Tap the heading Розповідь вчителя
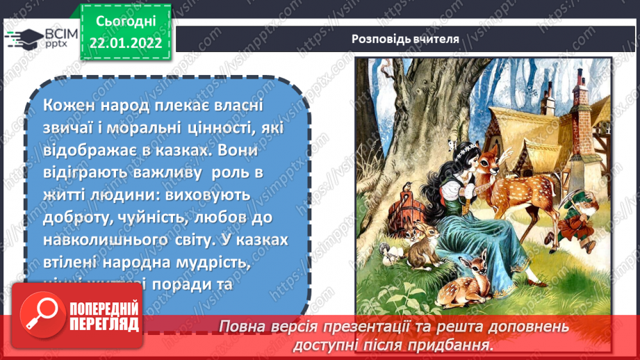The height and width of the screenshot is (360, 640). click(x=405, y=39)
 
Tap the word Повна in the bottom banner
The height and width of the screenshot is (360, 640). click(x=240, y=325)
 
